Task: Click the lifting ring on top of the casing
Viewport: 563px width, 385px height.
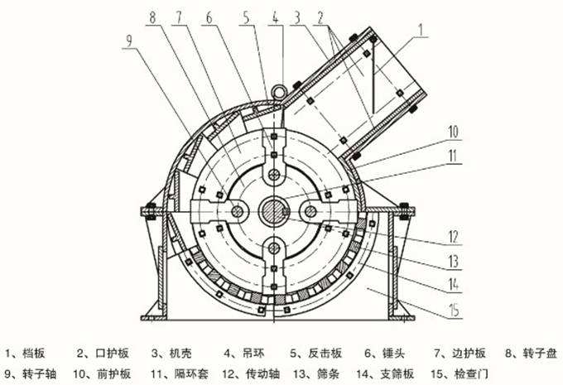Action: [x=283, y=85]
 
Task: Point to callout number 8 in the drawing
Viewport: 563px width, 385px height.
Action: [x=152, y=17]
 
